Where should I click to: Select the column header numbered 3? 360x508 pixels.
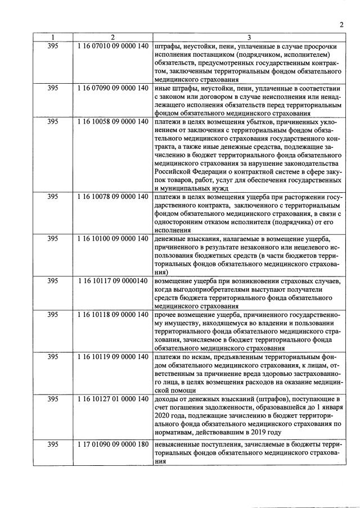(x=249, y=37)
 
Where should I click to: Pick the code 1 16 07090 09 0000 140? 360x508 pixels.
(x=113, y=88)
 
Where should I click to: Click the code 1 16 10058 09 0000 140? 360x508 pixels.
(x=113, y=121)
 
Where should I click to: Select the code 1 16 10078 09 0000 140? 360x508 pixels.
(x=113, y=197)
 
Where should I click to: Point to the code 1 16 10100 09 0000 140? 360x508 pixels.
(x=113, y=239)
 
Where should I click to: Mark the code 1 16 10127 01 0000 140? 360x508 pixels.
(x=113, y=398)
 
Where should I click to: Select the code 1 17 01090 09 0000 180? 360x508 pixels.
(x=113, y=444)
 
